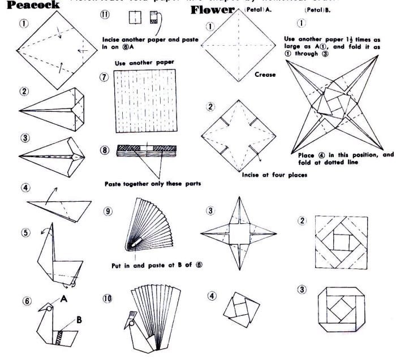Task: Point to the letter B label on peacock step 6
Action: pyautogui.click(x=79, y=319)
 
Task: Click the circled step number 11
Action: pyautogui.click(x=105, y=16)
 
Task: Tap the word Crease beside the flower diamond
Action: pyautogui.click(x=265, y=74)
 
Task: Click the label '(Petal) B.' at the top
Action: pyautogui.click(x=308, y=10)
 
